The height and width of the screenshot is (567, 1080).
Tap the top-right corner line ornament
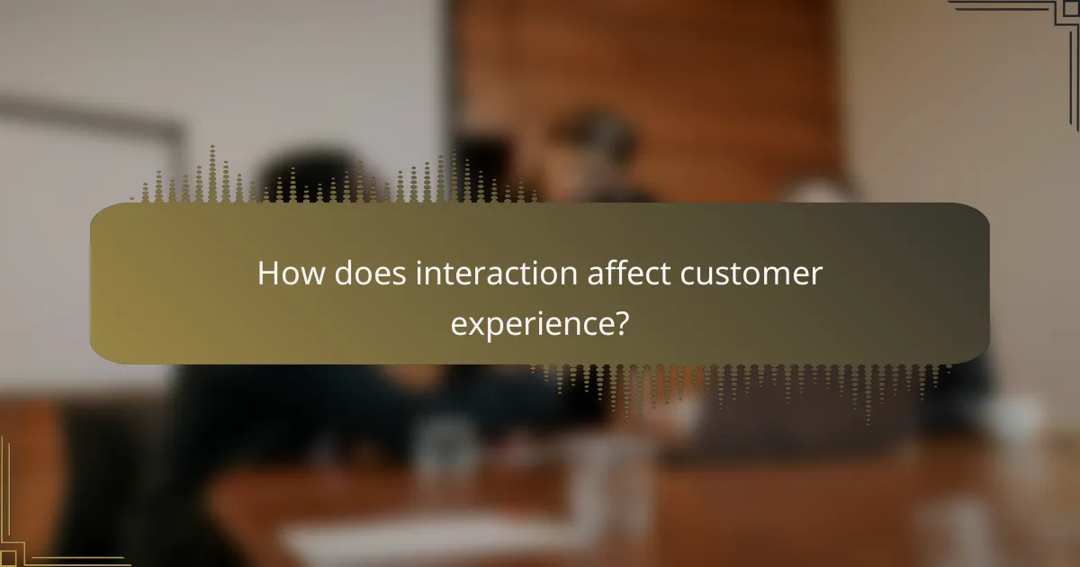tap(1035, 27)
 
